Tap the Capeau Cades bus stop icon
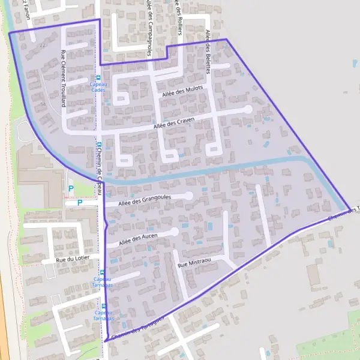coord(99,77)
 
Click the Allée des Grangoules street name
coord(145,199)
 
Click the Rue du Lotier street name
coord(68,260)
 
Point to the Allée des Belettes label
coord(208,52)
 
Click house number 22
coord(42,45)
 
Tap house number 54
coord(43,104)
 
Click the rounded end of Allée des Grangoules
coord(188,196)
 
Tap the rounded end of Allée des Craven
coord(248,110)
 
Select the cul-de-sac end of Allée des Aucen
coord(174,231)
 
